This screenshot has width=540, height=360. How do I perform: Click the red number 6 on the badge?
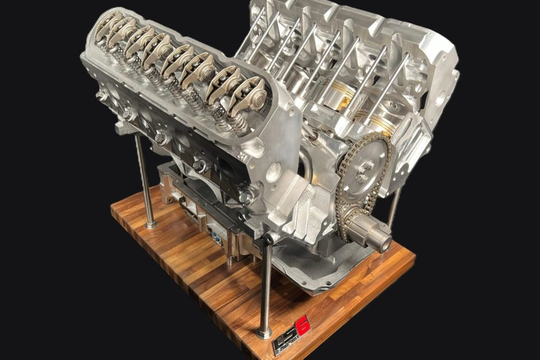click(303, 327)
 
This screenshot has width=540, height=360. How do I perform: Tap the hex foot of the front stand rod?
click(264, 333)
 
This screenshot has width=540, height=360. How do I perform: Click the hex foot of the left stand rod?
click(151, 224)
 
